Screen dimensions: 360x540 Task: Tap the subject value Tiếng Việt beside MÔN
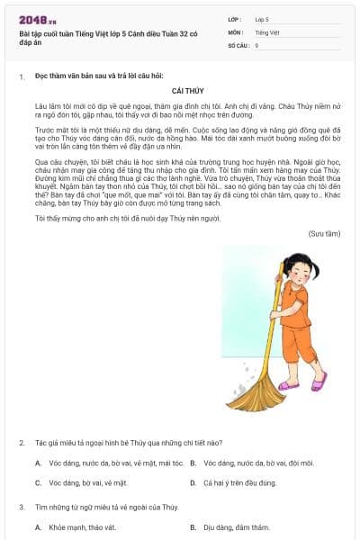pyautogui.click(x=267, y=31)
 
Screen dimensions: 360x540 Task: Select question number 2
pyautogui.click(x=22, y=443)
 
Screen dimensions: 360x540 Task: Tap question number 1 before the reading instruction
pyautogui.click(x=22, y=77)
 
